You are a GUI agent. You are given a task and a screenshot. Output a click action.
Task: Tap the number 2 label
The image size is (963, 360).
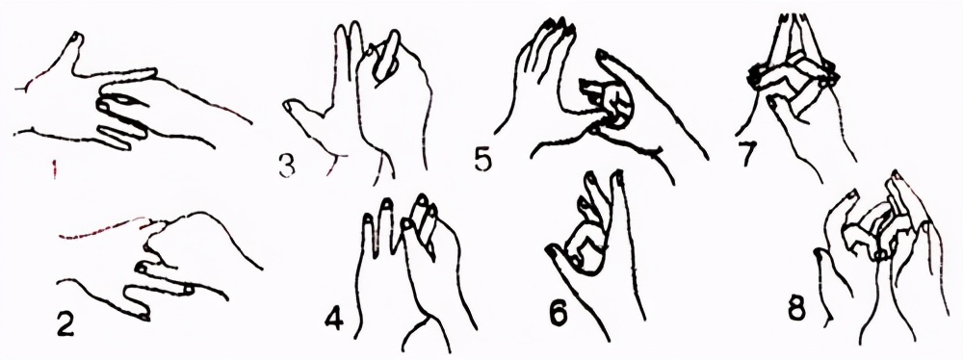(65, 323)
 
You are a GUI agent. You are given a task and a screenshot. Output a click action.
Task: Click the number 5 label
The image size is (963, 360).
(483, 158)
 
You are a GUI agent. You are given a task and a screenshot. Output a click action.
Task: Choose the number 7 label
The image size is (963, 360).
(747, 155)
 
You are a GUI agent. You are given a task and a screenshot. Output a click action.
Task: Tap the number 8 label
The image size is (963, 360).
(798, 309)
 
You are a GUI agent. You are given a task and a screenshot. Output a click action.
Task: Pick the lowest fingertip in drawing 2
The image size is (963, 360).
(143, 316)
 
